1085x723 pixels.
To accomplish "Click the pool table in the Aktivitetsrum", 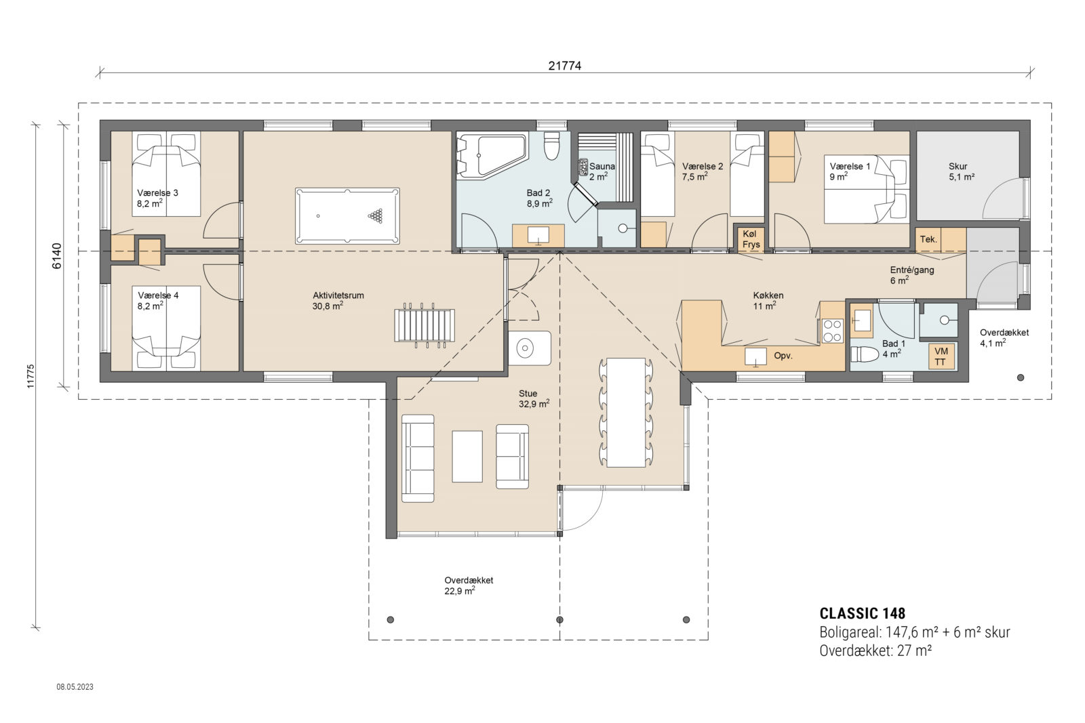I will point(347,216).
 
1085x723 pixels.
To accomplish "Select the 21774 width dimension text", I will point(564,66).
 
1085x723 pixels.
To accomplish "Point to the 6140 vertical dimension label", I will point(57,255).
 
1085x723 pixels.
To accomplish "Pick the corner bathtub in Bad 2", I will point(490,156).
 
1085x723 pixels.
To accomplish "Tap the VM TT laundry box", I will point(941,356).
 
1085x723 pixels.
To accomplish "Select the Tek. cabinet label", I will point(928,239).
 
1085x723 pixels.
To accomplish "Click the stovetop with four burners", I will point(832,331).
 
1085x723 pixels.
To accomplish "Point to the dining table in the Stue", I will point(625,412).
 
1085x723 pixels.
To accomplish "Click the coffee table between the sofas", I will point(467,456).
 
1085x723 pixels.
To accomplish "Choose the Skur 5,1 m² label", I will point(961,171).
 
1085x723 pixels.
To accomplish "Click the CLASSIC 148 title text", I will point(862,613).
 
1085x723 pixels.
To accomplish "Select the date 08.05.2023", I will point(75,687).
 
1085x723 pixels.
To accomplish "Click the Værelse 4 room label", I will point(157,300).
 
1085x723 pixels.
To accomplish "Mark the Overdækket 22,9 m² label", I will point(468,585).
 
